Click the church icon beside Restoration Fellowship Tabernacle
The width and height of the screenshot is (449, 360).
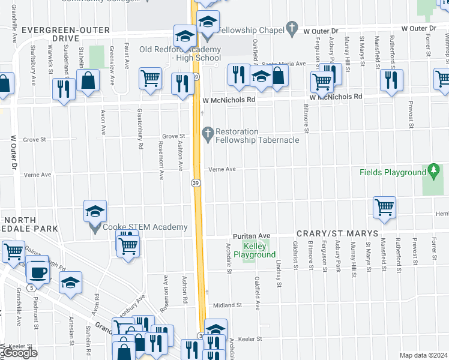coord(208,132)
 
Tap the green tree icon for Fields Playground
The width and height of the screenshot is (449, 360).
coord(433,172)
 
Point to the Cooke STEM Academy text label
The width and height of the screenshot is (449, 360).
coord(145,227)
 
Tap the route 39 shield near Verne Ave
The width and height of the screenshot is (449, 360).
coord(196,183)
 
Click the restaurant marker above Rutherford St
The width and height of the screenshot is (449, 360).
coord(391,80)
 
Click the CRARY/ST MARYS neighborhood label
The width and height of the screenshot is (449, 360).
coord(337,233)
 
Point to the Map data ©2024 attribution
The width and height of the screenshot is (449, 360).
coord(423,355)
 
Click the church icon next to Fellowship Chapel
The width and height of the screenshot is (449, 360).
coord(292,28)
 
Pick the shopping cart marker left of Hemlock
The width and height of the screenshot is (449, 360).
coord(384,208)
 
